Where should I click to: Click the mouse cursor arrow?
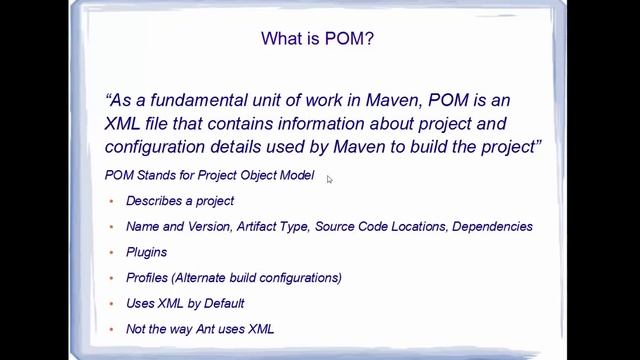[x=329, y=179]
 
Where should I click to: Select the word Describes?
[x=154, y=201]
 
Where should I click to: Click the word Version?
[x=208, y=227]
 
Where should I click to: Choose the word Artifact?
[x=261, y=227]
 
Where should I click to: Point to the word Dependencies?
[x=492, y=227]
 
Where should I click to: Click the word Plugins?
[x=147, y=253]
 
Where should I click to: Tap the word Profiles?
[x=148, y=278]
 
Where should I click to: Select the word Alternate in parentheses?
[x=207, y=278]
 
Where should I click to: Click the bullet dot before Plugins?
[x=111, y=253]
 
